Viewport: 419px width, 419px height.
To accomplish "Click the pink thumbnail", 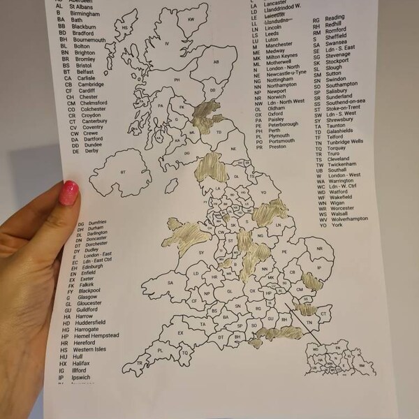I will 71,193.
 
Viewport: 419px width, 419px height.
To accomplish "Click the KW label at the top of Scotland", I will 191,19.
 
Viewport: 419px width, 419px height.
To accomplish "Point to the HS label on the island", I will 126,28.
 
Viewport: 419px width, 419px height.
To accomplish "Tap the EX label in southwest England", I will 180,332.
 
